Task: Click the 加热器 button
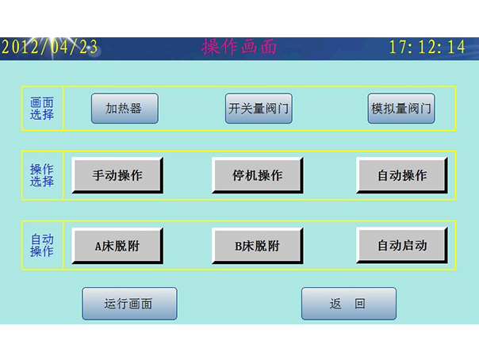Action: tap(125, 109)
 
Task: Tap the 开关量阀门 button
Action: tap(259, 109)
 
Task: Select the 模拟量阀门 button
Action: tap(401, 109)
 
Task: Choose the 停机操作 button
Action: tap(257, 175)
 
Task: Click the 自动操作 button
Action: tap(401, 175)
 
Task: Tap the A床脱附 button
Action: tap(117, 246)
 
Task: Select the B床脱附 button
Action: tap(257, 246)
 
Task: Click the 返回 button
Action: tap(348, 304)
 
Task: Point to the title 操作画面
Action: tap(239, 48)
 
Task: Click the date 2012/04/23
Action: tap(49, 48)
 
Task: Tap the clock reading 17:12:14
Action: tap(427, 48)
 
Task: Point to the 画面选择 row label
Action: tap(42, 109)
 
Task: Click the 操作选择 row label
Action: tap(42, 175)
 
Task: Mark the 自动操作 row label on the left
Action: tap(42, 245)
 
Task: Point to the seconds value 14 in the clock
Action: tap(456, 48)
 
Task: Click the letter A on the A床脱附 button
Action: tap(99, 247)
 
